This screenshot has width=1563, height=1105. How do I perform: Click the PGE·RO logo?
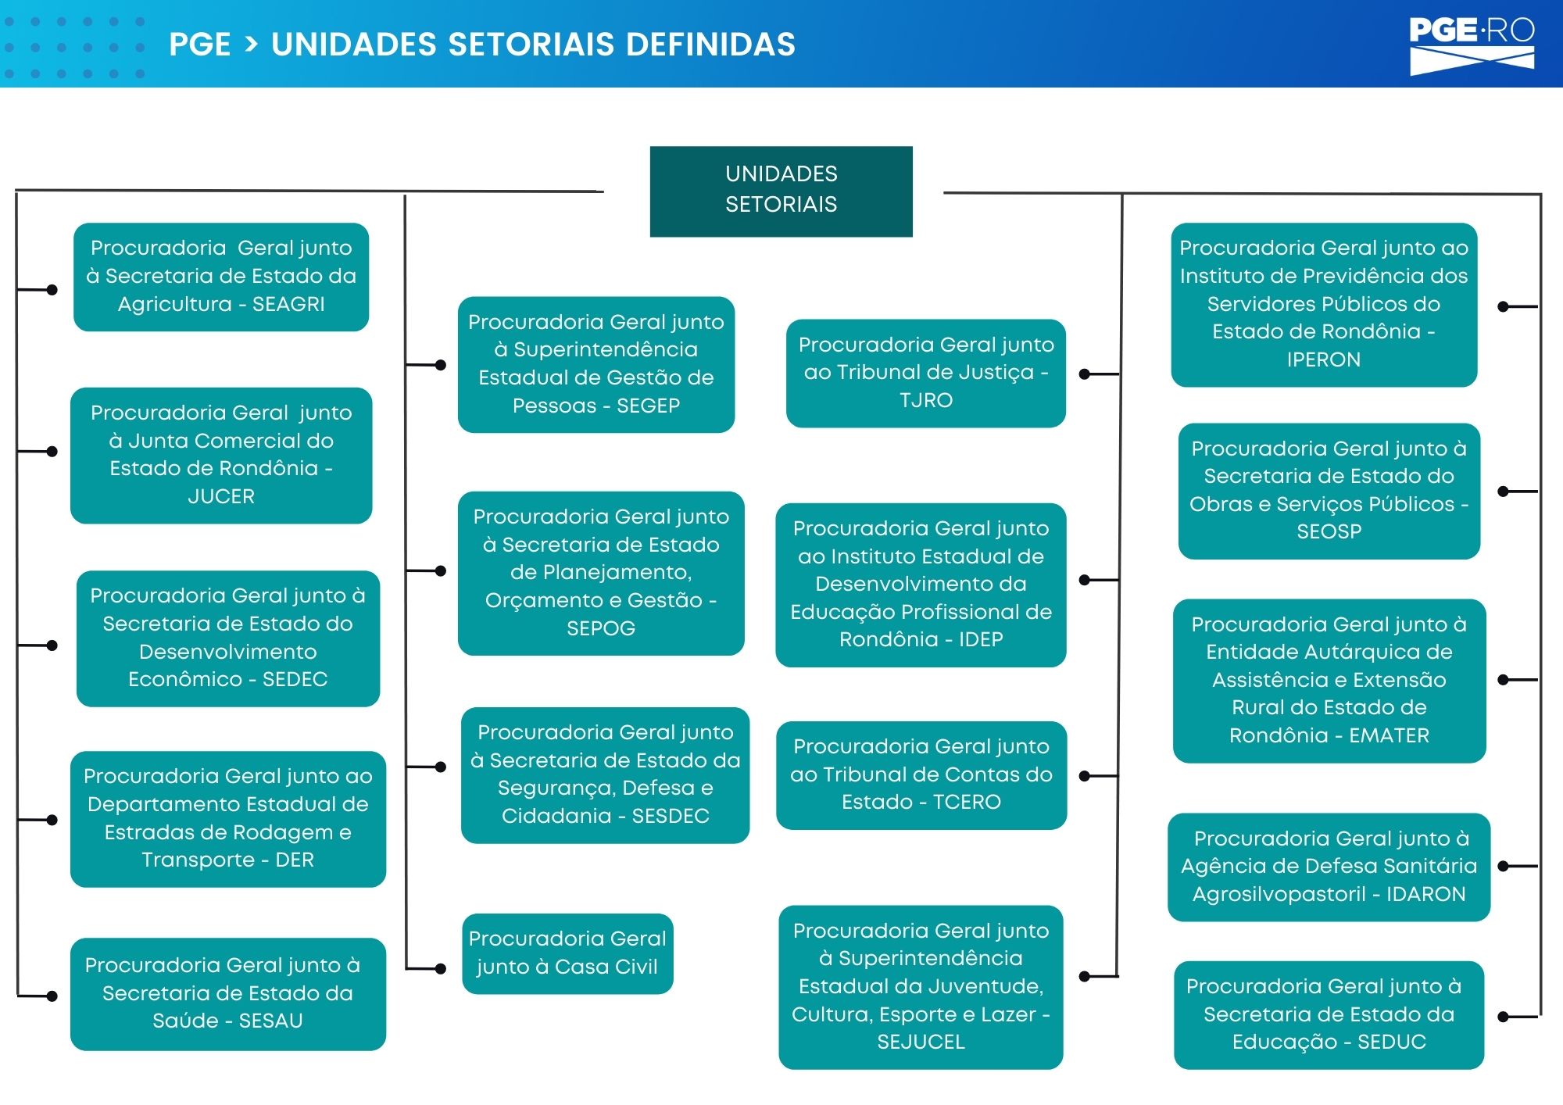(1472, 45)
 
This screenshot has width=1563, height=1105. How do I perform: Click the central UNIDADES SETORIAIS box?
(781, 191)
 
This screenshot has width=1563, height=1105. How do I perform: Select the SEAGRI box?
(221, 277)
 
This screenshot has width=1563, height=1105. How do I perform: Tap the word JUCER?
(221, 496)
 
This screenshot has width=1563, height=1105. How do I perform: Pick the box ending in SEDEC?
(228, 638)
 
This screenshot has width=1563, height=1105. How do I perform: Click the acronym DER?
(295, 860)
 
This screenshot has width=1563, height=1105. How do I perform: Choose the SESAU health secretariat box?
(228, 994)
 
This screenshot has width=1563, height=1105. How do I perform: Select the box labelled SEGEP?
(596, 364)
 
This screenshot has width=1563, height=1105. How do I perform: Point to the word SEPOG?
(601, 628)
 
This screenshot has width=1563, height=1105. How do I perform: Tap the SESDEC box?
(606, 774)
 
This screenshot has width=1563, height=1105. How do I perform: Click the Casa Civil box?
(567, 953)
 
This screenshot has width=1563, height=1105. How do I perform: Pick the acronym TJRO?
(926, 400)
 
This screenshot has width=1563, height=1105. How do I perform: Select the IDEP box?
(921, 585)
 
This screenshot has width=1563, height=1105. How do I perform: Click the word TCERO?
(967, 802)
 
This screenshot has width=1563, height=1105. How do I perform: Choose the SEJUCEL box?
(921, 987)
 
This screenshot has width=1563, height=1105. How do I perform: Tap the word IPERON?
(1324, 359)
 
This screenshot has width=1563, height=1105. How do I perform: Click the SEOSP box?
(1329, 491)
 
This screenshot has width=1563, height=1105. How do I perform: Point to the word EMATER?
(1389, 735)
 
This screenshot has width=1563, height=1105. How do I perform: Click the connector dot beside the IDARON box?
(1503, 866)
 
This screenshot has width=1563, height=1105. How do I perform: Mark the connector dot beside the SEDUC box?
(1503, 1017)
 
